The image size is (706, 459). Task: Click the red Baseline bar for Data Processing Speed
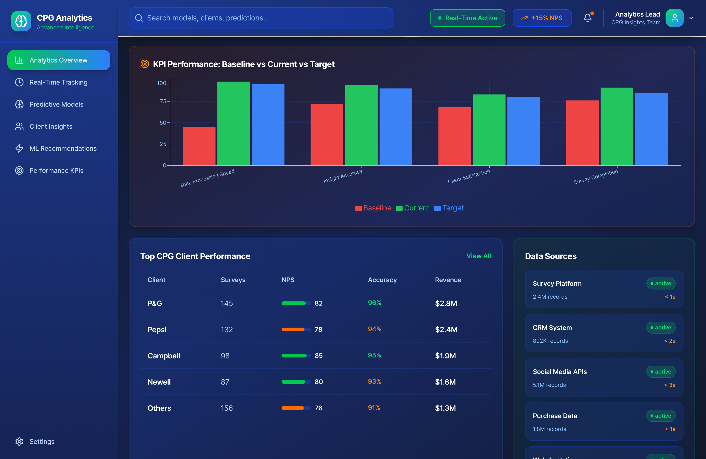199,146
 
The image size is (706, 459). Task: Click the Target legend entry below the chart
449,208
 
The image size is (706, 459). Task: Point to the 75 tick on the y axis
163,101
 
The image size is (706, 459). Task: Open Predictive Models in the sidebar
56,104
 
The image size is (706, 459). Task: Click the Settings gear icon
19,441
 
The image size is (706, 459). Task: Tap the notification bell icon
587,18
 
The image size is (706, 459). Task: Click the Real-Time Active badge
467,18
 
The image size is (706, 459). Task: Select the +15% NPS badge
542,18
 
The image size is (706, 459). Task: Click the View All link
478,256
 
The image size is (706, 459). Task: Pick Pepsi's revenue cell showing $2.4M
446,329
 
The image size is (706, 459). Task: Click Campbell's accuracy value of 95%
374,355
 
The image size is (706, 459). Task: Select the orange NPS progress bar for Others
293,408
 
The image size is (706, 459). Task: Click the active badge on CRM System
661,327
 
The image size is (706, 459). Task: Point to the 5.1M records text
549,385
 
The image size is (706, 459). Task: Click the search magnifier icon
139,18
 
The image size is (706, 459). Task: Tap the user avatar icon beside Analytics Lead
674,18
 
